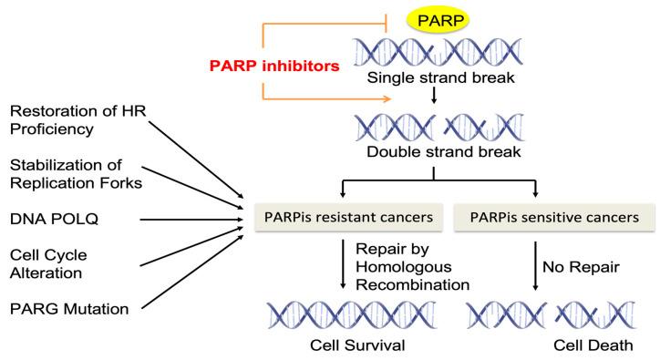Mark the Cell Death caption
click(538, 347)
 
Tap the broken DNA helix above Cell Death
click(538, 314)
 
